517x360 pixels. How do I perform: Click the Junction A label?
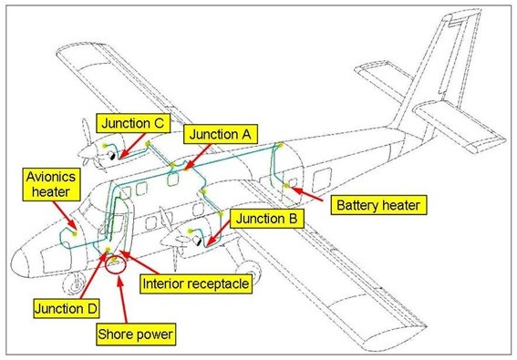(221, 134)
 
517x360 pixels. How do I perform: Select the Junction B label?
(266, 218)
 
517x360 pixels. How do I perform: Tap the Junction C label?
(133, 123)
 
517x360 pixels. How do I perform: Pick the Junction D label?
(67, 309)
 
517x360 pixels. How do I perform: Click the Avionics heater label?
(51, 184)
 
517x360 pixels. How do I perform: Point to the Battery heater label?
(378, 205)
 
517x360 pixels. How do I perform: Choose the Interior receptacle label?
(196, 283)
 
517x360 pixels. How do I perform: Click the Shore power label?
(136, 334)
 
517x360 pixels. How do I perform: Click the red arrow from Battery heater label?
(306, 194)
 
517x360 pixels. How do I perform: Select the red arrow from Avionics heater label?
(66, 215)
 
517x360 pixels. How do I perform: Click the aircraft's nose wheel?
(74, 283)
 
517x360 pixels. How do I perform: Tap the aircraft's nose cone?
(20, 261)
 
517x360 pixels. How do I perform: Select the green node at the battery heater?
(286, 186)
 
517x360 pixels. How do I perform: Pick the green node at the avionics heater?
(75, 233)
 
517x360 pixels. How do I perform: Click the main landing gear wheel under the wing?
(248, 270)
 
